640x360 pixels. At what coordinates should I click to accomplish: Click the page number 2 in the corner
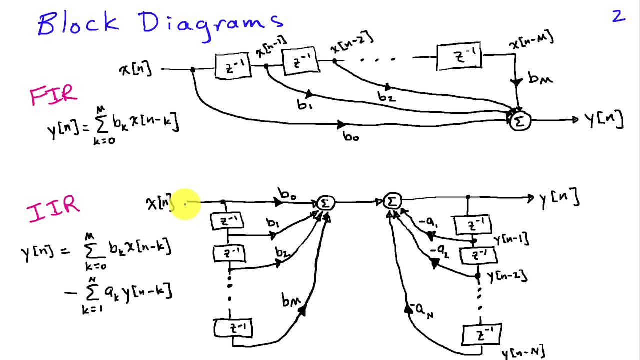(x=619, y=16)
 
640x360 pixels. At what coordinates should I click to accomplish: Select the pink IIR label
(x=53, y=209)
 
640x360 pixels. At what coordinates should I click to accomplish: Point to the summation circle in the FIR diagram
(x=520, y=121)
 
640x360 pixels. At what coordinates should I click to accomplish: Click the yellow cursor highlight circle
(x=186, y=204)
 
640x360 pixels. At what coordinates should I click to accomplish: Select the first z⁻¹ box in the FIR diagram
(x=232, y=66)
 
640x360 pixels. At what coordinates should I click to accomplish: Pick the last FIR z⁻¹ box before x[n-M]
(x=459, y=56)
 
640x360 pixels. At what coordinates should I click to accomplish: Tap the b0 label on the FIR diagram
(x=350, y=136)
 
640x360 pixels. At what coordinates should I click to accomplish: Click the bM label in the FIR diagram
(x=540, y=79)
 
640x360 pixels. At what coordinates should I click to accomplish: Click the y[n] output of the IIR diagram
(x=559, y=199)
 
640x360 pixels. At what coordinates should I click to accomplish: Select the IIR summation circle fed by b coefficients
(x=325, y=203)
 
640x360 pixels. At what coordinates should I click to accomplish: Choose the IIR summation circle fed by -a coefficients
(x=392, y=201)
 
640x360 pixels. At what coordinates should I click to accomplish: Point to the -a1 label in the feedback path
(x=429, y=224)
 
